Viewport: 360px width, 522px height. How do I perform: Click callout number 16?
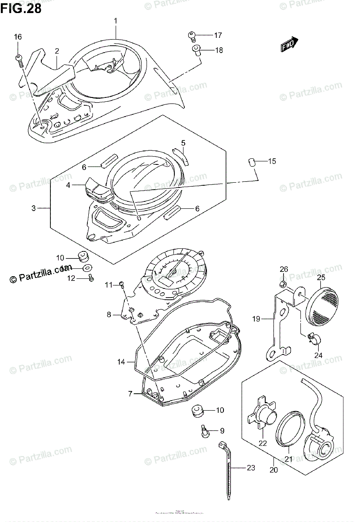(17, 37)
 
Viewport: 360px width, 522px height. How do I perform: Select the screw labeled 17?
(191, 34)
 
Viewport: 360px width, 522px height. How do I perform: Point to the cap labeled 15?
(250, 162)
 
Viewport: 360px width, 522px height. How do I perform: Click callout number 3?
(33, 208)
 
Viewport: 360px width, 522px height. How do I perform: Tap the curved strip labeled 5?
(180, 156)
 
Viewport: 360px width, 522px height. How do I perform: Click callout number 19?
(256, 319)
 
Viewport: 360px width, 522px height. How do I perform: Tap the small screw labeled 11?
(122, 285)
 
